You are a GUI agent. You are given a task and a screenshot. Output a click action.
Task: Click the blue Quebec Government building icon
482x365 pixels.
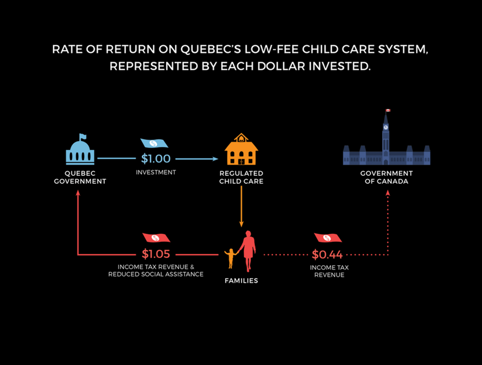pyautogui.click(x=80, y=150)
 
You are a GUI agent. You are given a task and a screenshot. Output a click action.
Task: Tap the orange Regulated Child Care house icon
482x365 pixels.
pyautogui.click(x=241, y=150)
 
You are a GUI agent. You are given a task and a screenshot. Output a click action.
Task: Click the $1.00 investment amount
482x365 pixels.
pyautogui.click(x=156, y=159)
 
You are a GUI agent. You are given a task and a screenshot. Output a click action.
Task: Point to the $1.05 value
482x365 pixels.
pyautogui.click(x=156, y=254)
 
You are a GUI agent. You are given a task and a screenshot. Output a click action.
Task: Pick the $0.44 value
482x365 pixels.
pyautogui.click(x=327, y=255)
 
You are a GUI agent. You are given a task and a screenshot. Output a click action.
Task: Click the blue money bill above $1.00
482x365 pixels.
pyautogui.click(x=154, y=143)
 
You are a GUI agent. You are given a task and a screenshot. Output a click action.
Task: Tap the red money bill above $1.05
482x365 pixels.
pyautogui.click(x=156, y=238)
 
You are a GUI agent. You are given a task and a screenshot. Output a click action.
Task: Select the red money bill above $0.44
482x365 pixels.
pyautogui.click(x=328, y=238)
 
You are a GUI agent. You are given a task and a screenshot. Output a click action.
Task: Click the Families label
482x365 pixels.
pyautogui.click(x=241, y=281)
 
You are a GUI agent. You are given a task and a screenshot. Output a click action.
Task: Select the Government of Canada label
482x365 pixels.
pyautogui.click(x=386, y=177)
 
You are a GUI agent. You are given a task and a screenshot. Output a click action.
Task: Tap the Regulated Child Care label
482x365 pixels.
pyautogui.click(x=241, y=177)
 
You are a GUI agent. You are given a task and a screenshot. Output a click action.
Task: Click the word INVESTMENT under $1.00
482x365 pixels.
pyautogui.click(x=156, y=172)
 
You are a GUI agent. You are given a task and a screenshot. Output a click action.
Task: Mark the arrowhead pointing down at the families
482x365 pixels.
pyautogui.click(x=241, y=224)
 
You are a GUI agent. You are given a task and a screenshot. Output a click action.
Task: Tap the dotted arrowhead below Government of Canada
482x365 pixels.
pyautogui.click(x=387, y=193)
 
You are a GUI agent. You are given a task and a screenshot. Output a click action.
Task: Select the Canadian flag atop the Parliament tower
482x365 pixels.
pyautogui.click(x=387, y=110)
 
